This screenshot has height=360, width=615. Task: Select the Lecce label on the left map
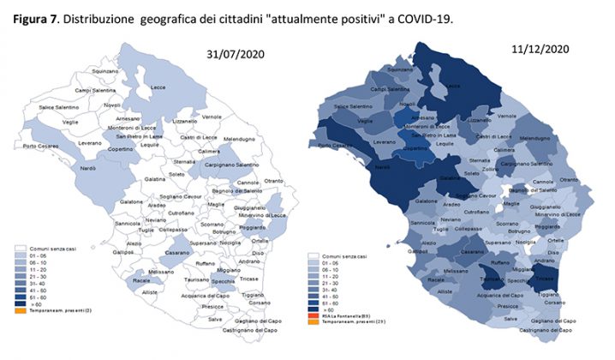point(158,88)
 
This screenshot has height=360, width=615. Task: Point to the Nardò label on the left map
point(89,168)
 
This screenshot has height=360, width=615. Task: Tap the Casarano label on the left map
point(177,255)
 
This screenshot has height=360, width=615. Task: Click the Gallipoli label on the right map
point(420,252)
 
